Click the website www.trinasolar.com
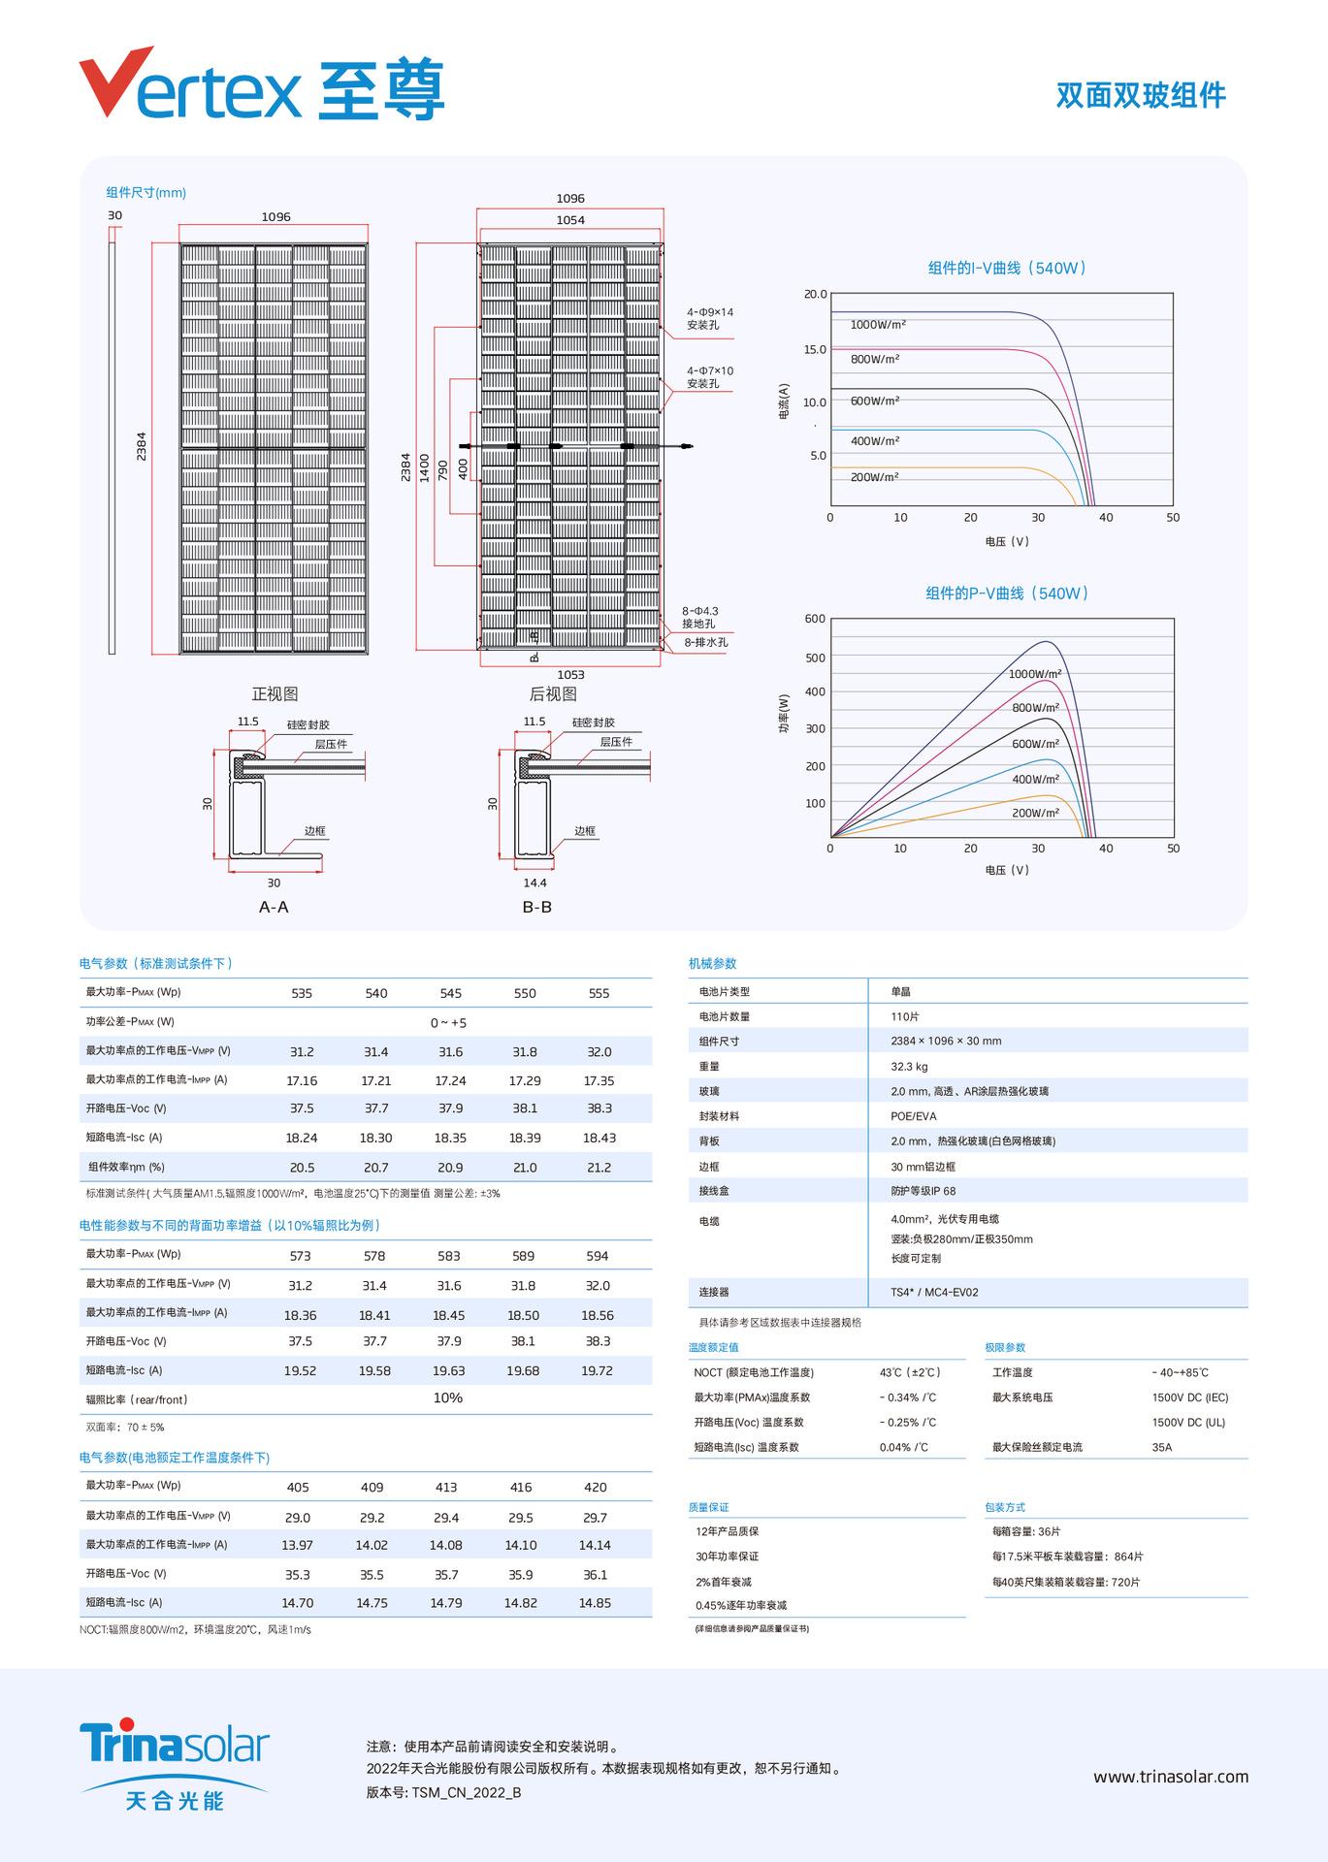(x=1171, y=1777)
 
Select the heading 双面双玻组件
(x=1141, y=95)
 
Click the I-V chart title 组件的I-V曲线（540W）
(x=1006, y=268)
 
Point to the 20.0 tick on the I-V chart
(x=815, y=295)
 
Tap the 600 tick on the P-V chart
(x=815, y=619)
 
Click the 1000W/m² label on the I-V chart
(x=878, y=325)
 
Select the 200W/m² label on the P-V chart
(x=1034, y=813)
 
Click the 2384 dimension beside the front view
(x=142, y=447)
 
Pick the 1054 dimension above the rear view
(x=570, y=220)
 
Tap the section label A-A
(x=274, y=907)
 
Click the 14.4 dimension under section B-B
(x=534, y=883)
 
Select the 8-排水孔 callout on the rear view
(x=706, y=642)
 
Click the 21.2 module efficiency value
(x=599, y=1168)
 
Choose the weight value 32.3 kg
(x=909, y=1066)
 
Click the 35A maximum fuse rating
(x=1161, y=1447)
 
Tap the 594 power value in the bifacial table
(x=597, y=1256)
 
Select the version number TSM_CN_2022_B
(x=466, y=1792)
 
